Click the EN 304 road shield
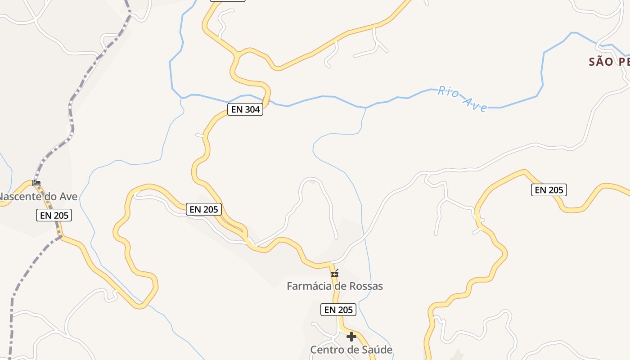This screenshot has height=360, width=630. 245,109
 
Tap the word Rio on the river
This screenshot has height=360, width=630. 449,93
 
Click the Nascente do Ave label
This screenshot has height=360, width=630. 38,197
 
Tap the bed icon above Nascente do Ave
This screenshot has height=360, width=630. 36,183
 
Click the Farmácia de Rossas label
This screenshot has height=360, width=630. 335,286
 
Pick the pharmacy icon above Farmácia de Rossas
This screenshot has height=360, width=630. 335,273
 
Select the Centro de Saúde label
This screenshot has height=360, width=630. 351,350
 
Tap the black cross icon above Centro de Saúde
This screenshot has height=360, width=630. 351,336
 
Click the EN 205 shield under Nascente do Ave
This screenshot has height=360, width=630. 54,216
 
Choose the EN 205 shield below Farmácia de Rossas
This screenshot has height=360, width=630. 338,310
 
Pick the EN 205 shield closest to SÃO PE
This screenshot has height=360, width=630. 549,190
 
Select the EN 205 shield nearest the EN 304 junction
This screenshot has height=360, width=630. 204,209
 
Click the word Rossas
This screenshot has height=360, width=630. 366,286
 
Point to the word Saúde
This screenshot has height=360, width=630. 376,350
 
